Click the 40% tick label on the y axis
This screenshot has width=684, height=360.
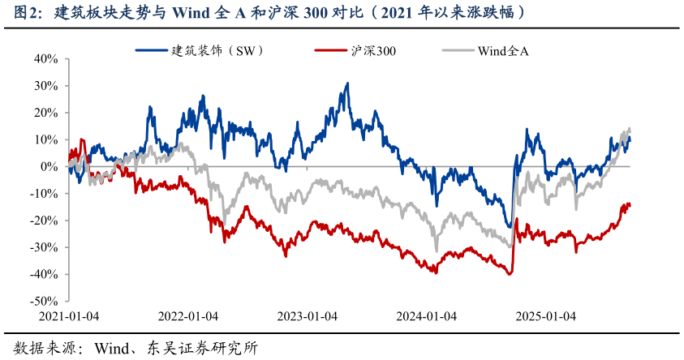[x=46, y=58]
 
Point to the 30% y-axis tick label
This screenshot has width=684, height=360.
[x=46, y=85]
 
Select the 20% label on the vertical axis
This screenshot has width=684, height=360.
[x=46, y=113]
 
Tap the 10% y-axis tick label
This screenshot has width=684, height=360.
[x=46, y=139]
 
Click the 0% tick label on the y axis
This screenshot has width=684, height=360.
[x=49, y=166]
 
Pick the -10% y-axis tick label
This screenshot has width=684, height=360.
[x=45, y=194]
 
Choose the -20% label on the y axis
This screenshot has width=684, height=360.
[x=45, y=221]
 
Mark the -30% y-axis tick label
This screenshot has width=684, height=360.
[x=45, y=247]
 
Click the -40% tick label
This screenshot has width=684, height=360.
[x=45, y=274]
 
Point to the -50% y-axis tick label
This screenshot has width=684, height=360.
[x=45, y=301]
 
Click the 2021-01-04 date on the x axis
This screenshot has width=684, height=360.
[x=69, y=316]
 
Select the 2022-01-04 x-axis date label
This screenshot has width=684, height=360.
[x=188, y=316]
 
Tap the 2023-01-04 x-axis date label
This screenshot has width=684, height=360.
[x=308, y=316]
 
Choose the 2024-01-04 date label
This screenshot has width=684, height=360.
[x=427, y=316]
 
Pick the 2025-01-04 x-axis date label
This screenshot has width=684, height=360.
[x=546, y=316]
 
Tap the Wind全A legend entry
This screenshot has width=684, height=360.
[x=503, y=50]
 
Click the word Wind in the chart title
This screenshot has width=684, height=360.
[x=191, y=13]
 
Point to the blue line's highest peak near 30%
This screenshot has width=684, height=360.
[x=347, y=84]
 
